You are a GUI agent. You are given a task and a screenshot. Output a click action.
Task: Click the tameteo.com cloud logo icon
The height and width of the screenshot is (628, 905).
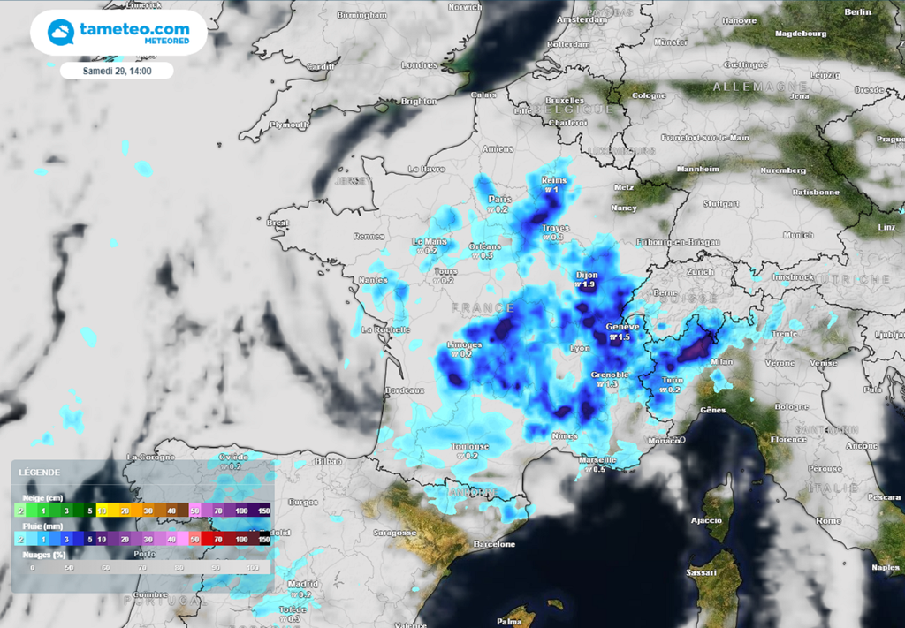61,33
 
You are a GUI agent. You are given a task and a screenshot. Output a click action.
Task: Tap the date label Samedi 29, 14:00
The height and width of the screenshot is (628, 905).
117,71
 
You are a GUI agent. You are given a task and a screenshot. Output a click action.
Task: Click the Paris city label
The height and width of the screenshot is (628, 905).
500,199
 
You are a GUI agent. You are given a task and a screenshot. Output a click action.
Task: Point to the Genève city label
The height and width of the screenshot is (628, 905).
622,327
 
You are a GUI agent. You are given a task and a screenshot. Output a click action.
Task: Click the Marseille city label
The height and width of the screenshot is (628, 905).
597,459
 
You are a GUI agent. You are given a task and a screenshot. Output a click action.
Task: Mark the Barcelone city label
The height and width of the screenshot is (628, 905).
494,544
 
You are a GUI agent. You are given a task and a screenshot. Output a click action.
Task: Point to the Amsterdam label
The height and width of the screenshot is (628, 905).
582,19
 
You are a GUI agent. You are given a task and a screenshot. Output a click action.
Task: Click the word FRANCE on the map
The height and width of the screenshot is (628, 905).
483,307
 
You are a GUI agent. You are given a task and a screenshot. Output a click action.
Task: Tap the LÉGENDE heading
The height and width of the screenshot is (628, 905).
40,473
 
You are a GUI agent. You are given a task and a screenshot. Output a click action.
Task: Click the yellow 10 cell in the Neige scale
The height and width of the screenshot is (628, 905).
103,511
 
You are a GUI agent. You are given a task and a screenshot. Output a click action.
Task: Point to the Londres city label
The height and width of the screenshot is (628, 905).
419,65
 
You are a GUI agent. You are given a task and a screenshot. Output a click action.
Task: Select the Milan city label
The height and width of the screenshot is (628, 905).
722,362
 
